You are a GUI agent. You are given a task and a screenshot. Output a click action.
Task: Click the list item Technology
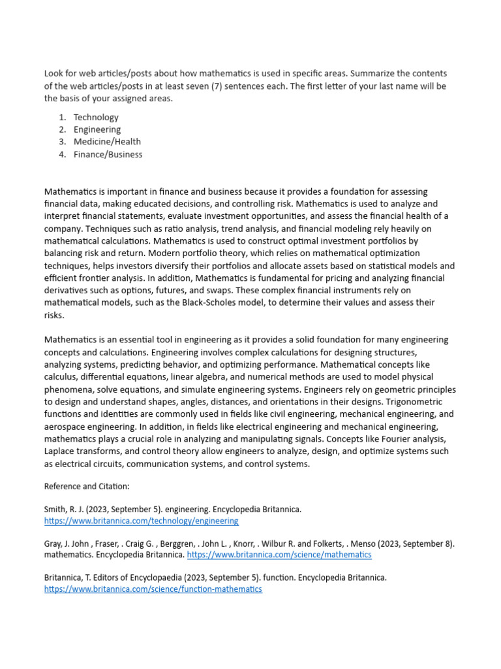coord(96,117)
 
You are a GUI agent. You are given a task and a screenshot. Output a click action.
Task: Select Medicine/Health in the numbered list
coord(107,142)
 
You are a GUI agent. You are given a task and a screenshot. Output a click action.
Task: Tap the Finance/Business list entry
coord(108,154)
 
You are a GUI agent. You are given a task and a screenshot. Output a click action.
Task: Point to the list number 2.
coord(62,129)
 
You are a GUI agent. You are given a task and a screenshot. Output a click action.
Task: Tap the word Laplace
coord(61,451)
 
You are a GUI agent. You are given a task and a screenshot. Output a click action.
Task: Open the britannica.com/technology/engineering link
coord(141,521)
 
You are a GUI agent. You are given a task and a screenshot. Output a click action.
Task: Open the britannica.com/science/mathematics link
coord(279,555)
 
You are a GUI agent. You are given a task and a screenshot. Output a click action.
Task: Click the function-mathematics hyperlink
coord(153,589)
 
